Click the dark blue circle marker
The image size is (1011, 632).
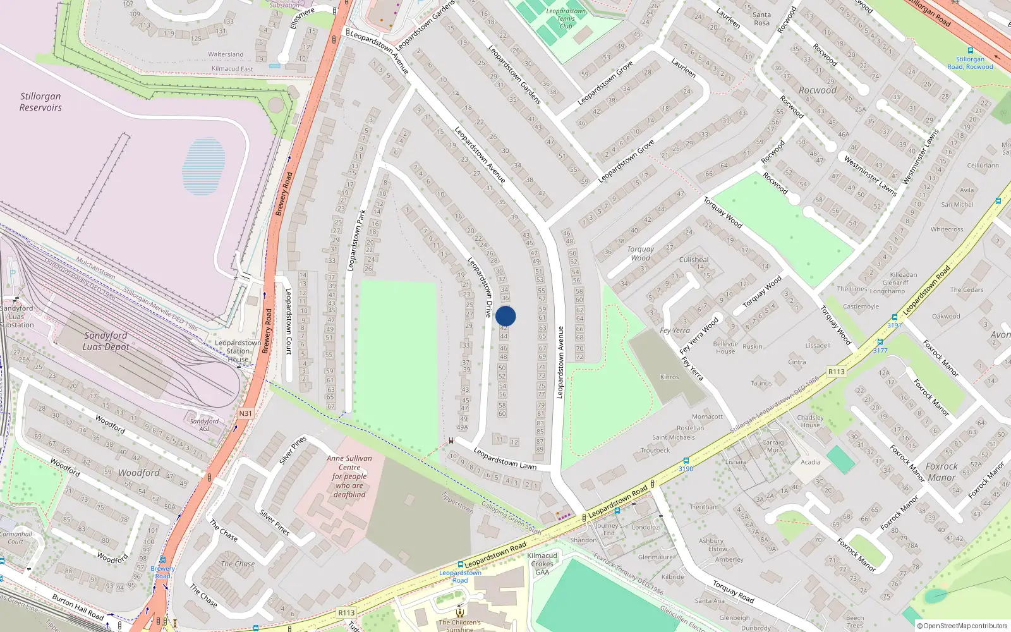pos(505,316)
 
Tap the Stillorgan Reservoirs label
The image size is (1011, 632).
pos(40,102)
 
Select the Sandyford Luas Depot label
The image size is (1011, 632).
pos(106,341)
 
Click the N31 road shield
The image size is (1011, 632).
pos(245,413)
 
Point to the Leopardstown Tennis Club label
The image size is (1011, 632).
pos(566,18)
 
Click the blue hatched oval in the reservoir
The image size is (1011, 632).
pos(203,166)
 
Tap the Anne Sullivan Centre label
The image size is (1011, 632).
pos(349,476)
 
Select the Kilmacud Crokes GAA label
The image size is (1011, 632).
pos(542,564)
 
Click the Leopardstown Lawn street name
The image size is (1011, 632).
pos(505,459)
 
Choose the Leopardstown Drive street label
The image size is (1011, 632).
pos(480,288)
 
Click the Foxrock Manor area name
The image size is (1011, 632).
pos(941,471)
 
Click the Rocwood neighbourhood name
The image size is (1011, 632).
pos(817,90)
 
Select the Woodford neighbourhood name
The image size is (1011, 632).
pos(139,473)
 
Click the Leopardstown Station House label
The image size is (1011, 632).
pos(238,351)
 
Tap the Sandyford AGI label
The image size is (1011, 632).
pos(204,425)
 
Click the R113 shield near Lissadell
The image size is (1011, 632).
pos(836,372)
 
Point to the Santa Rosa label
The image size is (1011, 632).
pos(761,19)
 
